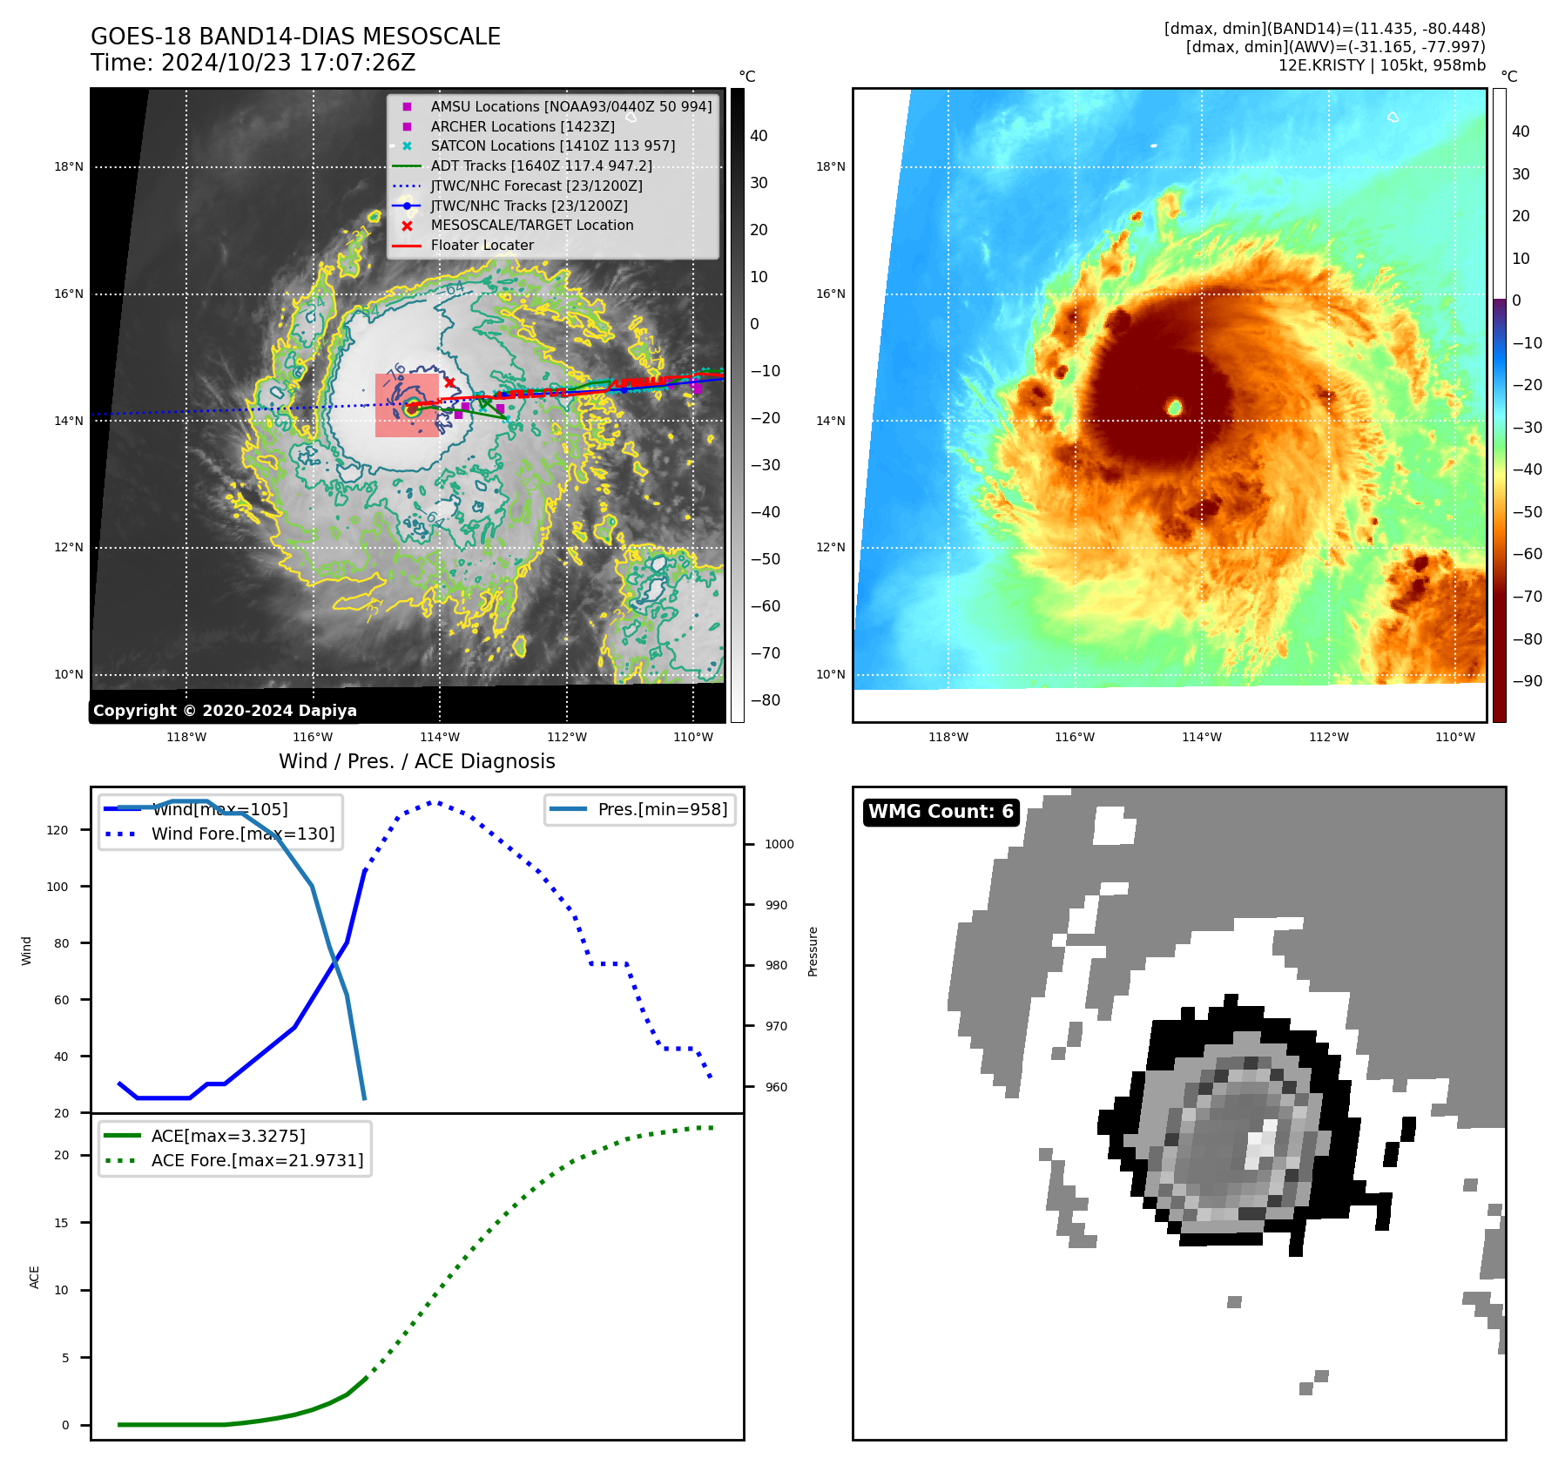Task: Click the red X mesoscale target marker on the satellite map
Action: coord(449,382)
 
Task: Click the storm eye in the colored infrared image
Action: coord(1174,407)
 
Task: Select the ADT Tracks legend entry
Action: coord(541,165)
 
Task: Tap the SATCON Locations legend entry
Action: coord(552,145)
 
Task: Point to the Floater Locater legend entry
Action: coord(482,245)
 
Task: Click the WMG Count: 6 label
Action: coord(941,812)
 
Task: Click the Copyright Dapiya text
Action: coord(225,711)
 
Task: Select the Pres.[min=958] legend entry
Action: coord(662,809)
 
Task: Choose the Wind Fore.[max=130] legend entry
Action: coord(242,834)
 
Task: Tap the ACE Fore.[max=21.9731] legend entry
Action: coord(257,1160)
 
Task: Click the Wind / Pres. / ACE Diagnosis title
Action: coord(416,761)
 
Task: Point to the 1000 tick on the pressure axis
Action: coord(779,844)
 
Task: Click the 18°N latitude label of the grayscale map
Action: coord(69,167)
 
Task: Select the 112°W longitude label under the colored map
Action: coord(1328,737)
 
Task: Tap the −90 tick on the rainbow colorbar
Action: coord(1527,681)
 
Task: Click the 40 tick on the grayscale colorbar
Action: coord(759,136)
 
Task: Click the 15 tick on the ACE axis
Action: coord(62,1223)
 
